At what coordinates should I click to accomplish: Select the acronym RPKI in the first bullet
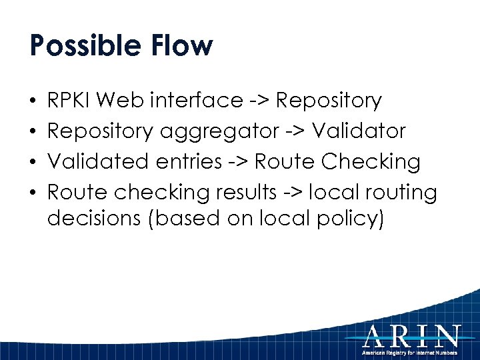pyautogui.click(x=71, y=101)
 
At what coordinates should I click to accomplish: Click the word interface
pyautogui.click(x=197, y=101)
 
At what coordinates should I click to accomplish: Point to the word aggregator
pyautogui.click(x=219, y=131)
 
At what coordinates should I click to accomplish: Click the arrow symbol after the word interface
pyautogui.click(x=260, y=101)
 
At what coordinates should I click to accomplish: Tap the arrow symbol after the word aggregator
pyautogui.click(x=293, y=132)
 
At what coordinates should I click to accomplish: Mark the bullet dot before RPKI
pyautogui.click(x=33, y=101)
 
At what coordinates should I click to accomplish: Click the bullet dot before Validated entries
pyautogui.click(x=33, y=163)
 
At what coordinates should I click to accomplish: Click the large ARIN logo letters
pyautogui.click(x=411, y=335)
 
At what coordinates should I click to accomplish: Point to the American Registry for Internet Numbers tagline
pyautogui.click(x=410, y=351)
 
